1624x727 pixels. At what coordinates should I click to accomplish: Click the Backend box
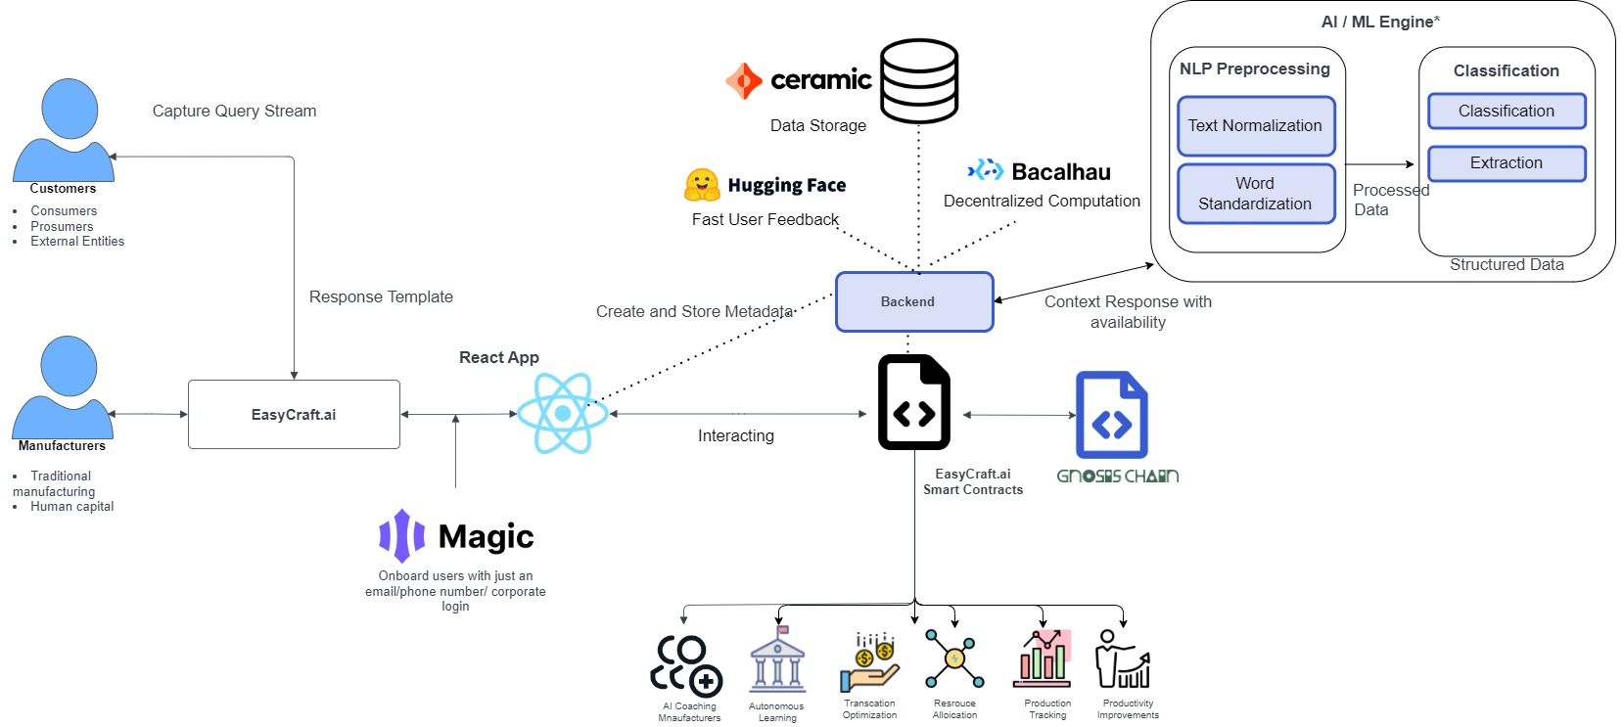coord(914,301)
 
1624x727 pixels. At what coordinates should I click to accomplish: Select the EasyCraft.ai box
coord(294,415)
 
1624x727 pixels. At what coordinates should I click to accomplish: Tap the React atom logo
coord(563,413)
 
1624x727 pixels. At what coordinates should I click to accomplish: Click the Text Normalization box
coord(1256,125)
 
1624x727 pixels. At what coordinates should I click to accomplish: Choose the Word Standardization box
coord(1256,194)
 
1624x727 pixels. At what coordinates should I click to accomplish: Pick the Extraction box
coord(1507,163)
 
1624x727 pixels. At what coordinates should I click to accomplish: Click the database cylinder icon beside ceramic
coord(918,80)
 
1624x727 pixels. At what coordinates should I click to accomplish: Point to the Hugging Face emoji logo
coord(702,185)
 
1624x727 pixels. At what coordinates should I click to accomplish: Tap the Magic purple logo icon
coord(401,535)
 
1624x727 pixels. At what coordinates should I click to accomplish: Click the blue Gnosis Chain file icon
coord(1112,415)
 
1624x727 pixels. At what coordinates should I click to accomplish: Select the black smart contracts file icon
coord(914,402)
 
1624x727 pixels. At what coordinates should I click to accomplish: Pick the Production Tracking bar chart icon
coord(1045,659)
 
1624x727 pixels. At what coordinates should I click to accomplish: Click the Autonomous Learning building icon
coord(777,659)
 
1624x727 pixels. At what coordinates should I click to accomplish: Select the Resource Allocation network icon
coord(954,659)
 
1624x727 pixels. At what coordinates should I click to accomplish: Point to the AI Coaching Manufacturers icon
coord(686,665)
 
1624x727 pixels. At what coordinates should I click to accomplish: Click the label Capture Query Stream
coord(234,112)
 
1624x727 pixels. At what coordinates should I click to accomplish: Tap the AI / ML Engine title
coord(1380,22)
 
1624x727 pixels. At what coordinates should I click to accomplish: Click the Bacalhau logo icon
coord(985,170)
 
